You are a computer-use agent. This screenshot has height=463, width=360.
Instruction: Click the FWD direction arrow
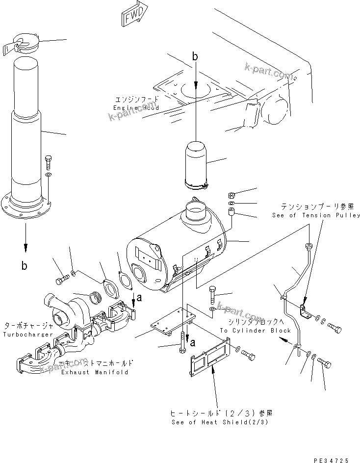tap(133, 14)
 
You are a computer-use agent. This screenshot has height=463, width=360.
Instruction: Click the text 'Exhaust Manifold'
tap(95, 372)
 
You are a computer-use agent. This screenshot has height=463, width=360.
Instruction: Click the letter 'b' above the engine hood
tap(196, 57)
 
